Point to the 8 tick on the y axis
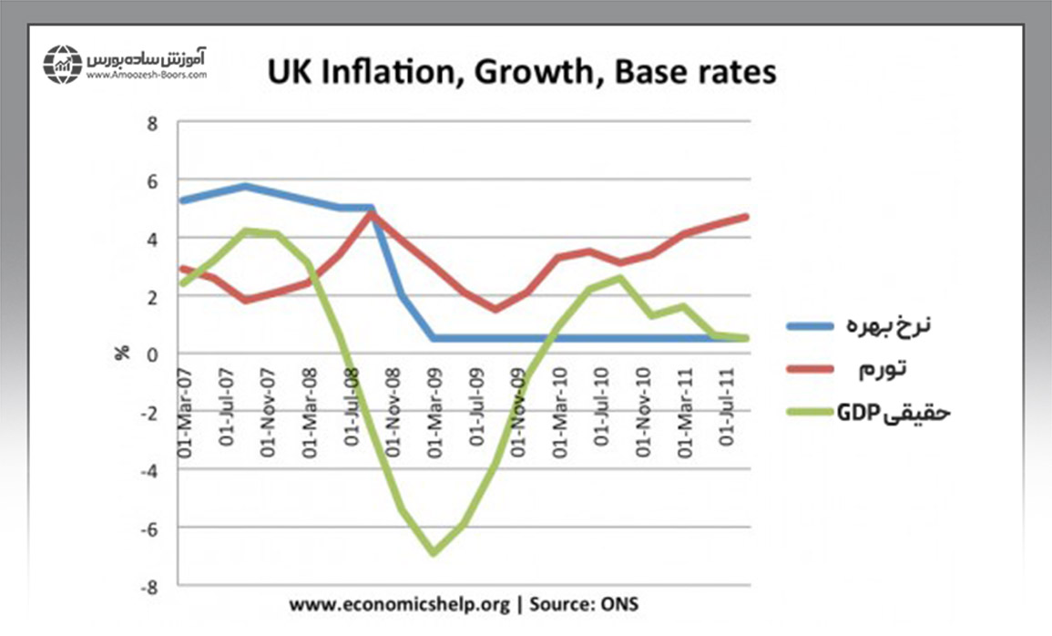(152, 122)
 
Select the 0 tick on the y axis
(152, 354)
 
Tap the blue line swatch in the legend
(810, 325)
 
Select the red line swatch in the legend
(810, 368)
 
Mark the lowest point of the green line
(434, 552)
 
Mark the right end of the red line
(746, 217)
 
